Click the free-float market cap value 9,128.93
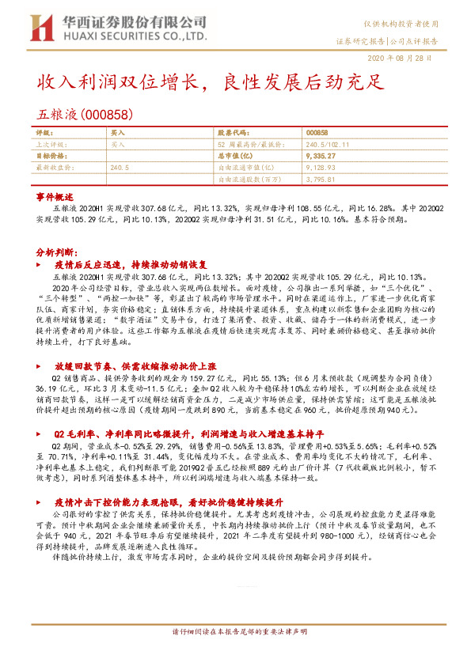[x=319, y=168]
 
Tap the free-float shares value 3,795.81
[x=319, y=179]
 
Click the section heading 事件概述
[x=55, y=196]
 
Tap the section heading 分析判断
[x=55, y=250]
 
